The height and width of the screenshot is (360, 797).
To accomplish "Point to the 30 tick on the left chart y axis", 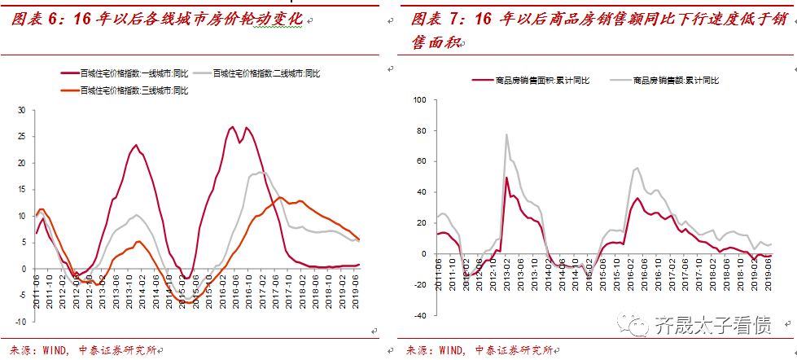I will click(x=22, y=110).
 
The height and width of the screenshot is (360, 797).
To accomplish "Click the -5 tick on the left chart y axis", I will click(x=22, y=295).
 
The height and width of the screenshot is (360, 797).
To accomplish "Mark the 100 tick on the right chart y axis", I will click(x=420, y=100).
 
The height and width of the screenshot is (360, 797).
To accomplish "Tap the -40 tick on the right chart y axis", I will click(x=420, y=315).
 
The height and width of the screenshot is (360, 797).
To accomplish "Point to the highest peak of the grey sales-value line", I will click(x=506, y=134).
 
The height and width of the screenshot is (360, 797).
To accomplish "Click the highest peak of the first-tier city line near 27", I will click(x=233, y=126).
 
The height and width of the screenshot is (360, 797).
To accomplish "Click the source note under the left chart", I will click(x=81, y=349).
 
